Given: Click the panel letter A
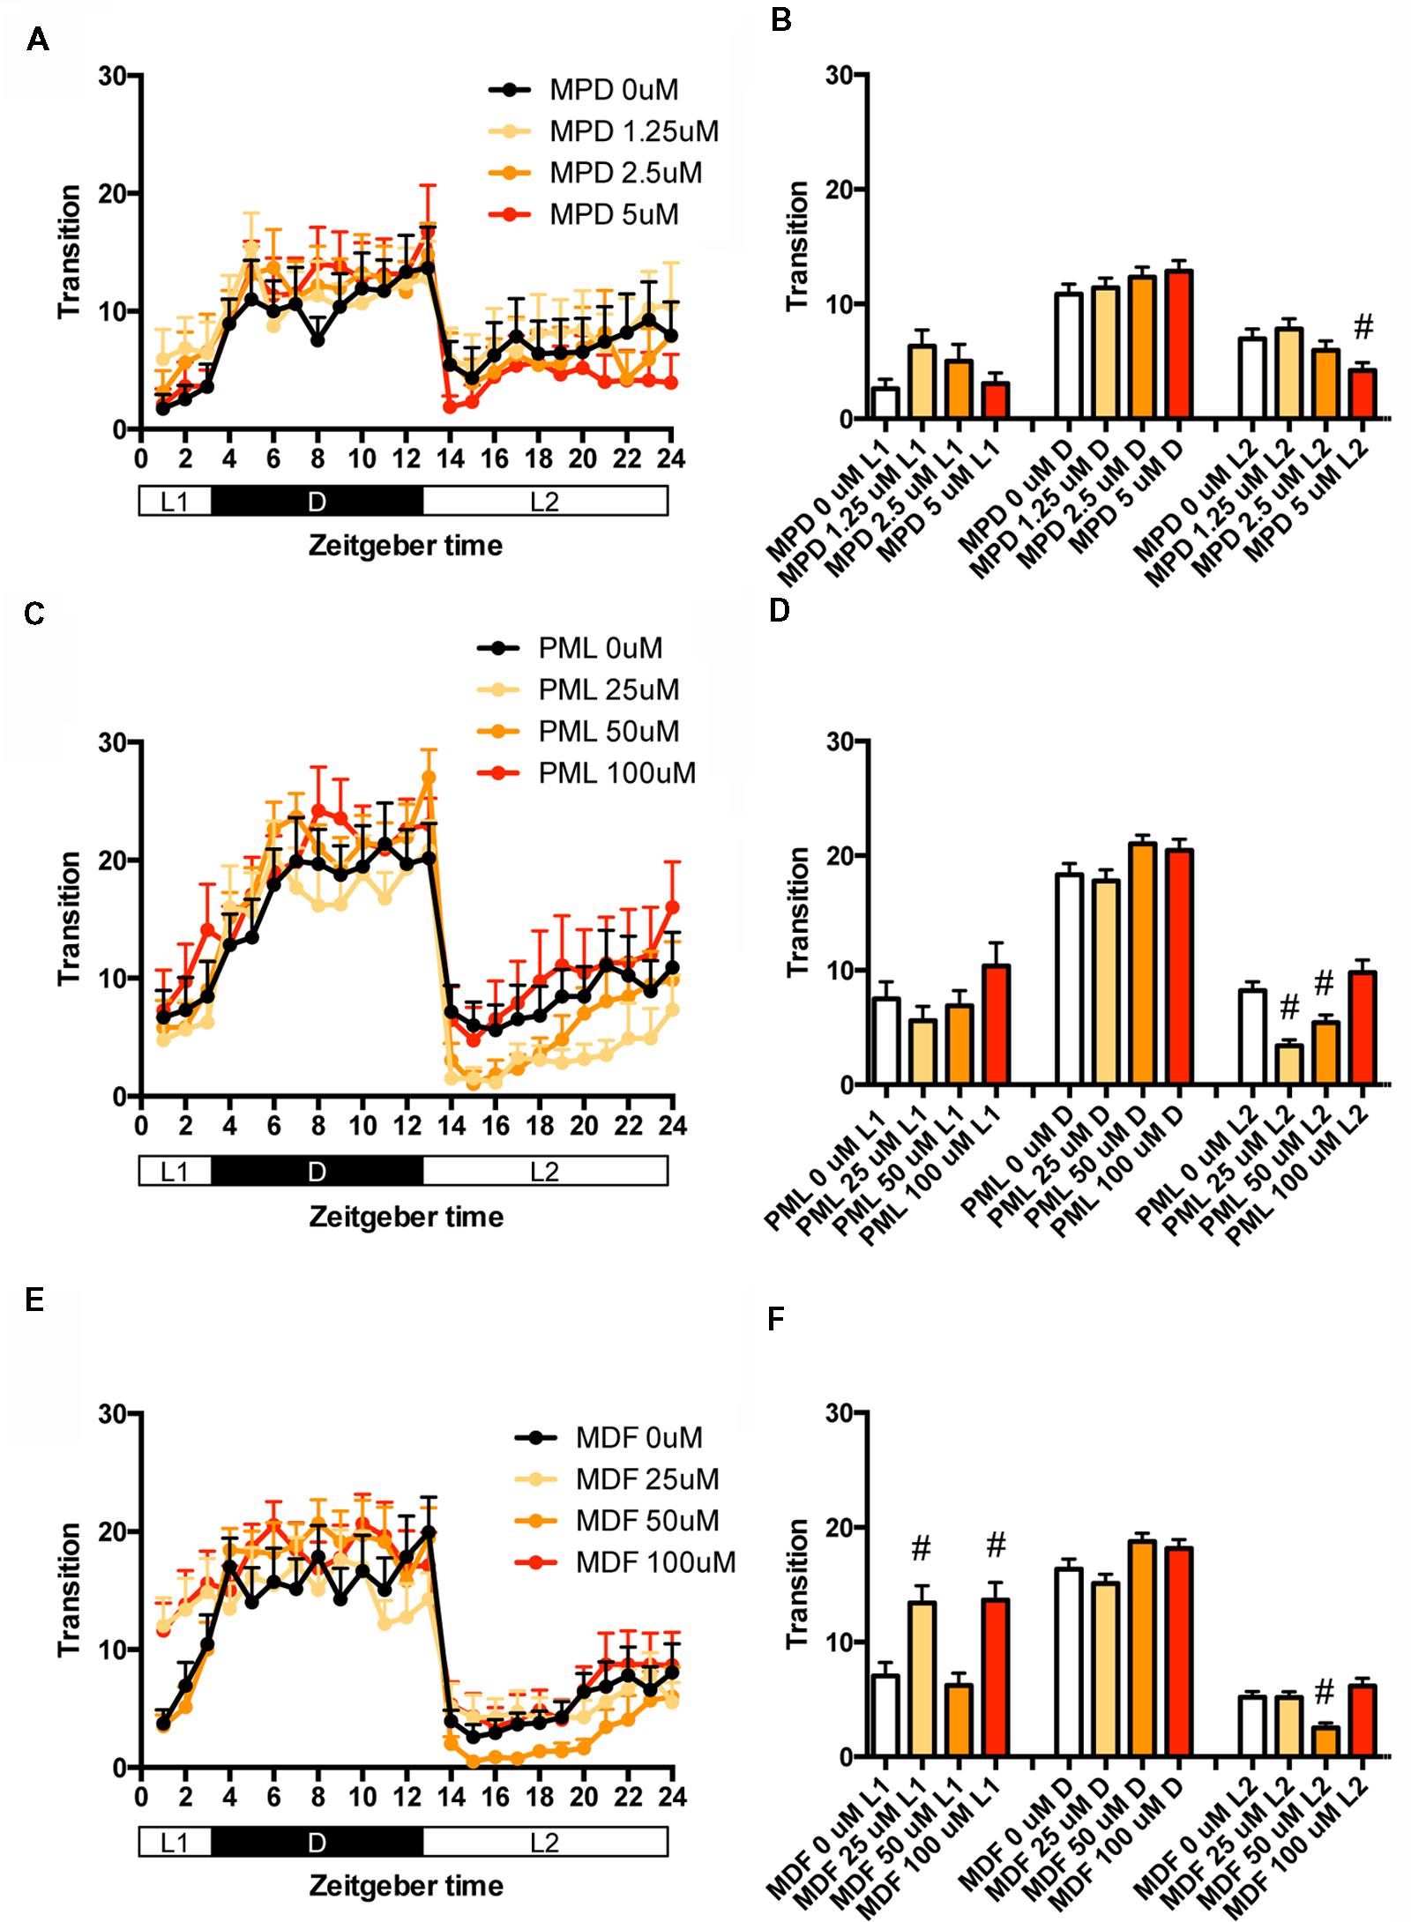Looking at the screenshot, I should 37,40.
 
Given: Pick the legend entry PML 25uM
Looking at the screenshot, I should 608,689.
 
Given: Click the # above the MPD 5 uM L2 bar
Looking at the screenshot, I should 1362,328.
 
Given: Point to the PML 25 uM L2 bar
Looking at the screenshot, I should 1288,1064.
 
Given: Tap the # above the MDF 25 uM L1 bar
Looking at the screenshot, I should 922,1546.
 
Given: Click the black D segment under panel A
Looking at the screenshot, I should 317,502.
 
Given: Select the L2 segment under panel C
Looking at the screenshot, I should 544,1172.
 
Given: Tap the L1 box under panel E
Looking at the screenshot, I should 175,1844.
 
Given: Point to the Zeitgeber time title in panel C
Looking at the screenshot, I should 406,1218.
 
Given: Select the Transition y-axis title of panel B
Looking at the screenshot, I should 797,246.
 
